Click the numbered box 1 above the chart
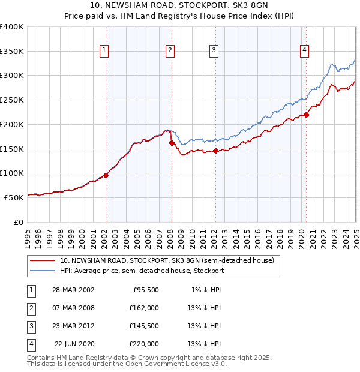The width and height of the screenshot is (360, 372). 104,51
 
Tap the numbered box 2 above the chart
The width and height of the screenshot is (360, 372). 170,51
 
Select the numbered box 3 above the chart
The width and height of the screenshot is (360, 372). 214,51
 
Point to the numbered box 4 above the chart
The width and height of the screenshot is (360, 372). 305,51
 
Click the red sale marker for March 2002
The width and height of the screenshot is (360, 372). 106,175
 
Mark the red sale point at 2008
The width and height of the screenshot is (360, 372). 171,143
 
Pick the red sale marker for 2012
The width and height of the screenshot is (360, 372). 215,151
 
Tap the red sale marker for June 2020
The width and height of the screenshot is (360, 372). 305,115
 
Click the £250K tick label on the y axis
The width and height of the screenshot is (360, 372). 11,100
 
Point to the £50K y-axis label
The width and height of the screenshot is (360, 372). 14,197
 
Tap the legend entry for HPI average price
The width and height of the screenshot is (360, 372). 142,271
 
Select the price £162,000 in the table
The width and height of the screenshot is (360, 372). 143,308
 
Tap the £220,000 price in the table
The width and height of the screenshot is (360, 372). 143,344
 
